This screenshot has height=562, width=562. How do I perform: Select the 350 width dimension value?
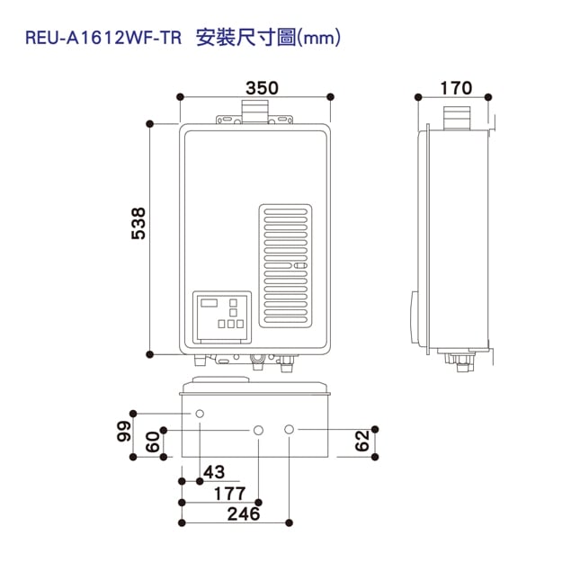(261, 87)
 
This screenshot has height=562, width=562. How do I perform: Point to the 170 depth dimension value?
(456, 87)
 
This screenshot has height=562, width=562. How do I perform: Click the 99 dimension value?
(123, 433)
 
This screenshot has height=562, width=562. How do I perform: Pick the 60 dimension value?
(152, 443)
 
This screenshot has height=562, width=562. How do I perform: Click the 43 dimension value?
(214, 472)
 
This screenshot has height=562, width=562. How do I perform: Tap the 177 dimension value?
(230, 493)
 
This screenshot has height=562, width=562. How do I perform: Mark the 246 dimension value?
(243, 514)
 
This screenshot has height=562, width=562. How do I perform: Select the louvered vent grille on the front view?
(287, 265)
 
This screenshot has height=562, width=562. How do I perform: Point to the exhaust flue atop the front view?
(254, 112)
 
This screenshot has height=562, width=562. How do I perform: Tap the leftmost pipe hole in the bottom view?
(200, 414)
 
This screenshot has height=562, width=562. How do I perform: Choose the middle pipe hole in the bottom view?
(258, 431)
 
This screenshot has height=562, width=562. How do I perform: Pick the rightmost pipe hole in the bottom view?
(289, 430)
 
